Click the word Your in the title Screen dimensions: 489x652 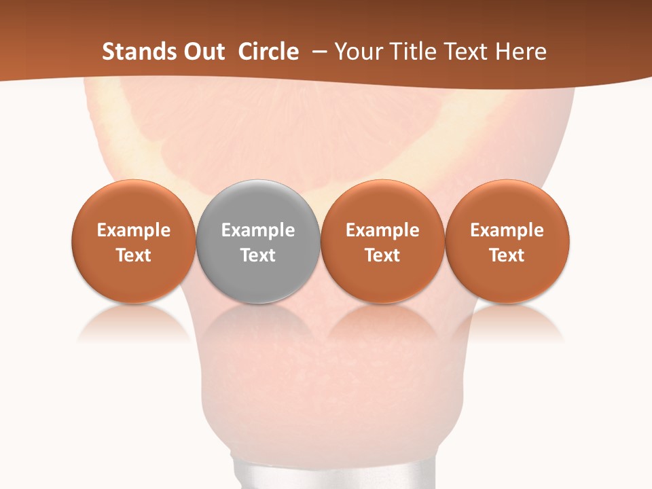[x=358, y=52]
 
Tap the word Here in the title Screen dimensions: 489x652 [x=520, y=52]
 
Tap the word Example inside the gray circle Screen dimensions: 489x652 [x=258, y=230]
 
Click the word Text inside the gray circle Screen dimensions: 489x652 [x=258, y=255]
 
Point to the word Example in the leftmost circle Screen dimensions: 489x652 [x=133, y=230]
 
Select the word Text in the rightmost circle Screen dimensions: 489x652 [x=507, y=255]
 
